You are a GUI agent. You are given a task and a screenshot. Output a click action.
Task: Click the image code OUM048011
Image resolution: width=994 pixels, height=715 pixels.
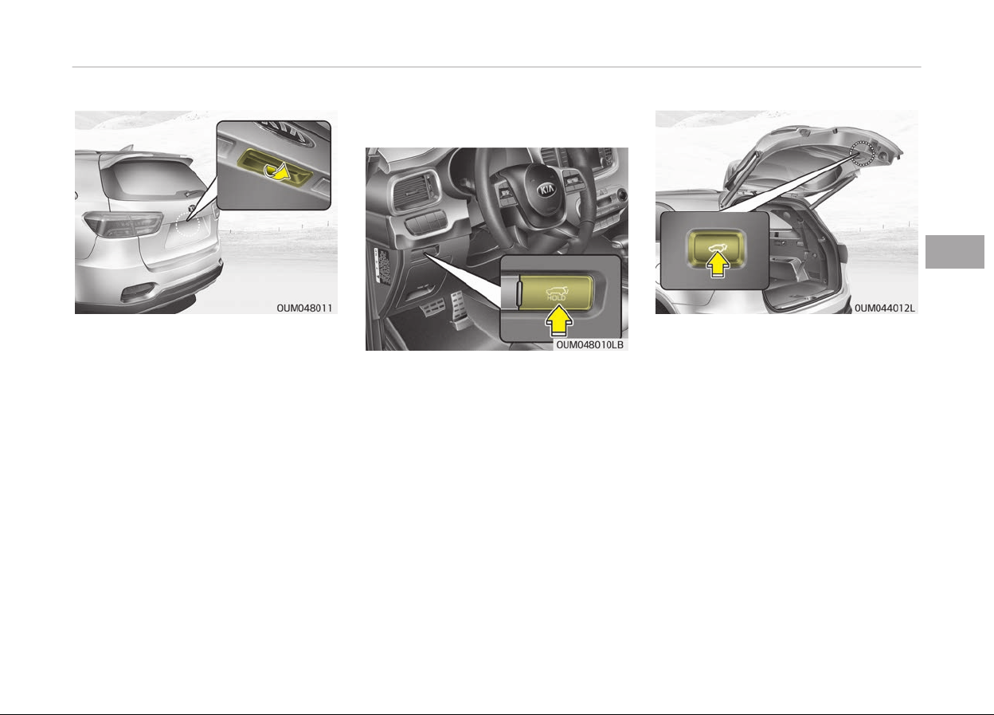tap(304, 308)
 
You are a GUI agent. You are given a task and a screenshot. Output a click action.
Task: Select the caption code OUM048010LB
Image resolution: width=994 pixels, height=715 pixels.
tap(589, 344)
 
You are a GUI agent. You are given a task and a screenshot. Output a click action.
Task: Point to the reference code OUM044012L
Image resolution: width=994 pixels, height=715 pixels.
tap(884, 308)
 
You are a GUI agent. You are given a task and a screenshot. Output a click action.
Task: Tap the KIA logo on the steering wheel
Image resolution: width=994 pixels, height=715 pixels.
tap(546, 191)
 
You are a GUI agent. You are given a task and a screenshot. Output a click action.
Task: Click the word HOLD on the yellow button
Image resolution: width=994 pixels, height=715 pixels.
tap(556, 298)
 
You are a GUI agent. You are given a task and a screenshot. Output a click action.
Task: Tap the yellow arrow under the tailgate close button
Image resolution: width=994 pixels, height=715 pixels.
tap(718, 265)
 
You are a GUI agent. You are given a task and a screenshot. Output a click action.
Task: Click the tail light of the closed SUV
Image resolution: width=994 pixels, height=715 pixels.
tap(123, 224)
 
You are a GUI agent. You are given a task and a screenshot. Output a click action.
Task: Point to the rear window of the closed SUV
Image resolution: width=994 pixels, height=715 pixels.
tap(149, 179)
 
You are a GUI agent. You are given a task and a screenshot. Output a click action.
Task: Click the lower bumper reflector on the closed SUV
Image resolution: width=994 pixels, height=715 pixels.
tap(138, 293)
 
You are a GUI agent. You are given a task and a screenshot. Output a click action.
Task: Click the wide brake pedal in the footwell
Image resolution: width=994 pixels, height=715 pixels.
tap(432, 308)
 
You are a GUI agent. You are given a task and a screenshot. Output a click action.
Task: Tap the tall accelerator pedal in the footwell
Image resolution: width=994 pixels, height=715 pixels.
tap(459, 307)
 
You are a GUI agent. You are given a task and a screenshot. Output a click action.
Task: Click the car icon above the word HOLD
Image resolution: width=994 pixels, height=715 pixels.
tap(557, 291)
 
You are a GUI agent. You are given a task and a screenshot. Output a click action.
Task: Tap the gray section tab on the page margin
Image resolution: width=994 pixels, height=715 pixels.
tap(954, 251)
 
